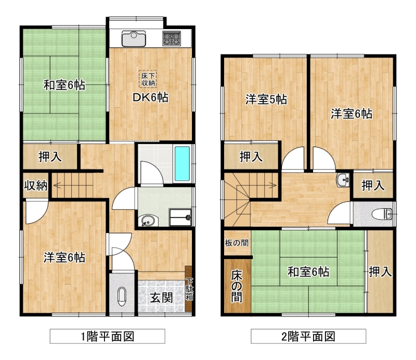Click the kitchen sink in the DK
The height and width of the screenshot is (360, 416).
tap(134, 39)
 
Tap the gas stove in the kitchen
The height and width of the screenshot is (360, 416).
tap(172, 39)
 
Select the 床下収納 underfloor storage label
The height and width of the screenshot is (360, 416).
tap(148, 79)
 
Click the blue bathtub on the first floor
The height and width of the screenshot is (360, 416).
tap(183, 163)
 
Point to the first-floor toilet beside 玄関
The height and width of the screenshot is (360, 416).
tap(122, 297)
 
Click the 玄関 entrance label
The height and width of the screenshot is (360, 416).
tap(162, 298)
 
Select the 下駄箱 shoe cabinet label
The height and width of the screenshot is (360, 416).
tap(189, 289)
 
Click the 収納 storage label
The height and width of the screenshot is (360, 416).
tap(36, 185)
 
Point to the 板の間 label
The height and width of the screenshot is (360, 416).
tap(237, 242)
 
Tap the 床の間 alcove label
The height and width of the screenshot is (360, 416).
tap(237, 286)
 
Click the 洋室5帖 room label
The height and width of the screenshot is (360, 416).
tap(266, 99)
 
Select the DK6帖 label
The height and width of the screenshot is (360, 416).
tap(150, 98)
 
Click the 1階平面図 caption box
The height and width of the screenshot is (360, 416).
tap(108, 337)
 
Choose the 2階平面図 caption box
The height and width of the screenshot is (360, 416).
tap(308, 337)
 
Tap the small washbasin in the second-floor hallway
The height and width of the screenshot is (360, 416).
tap(343, 181)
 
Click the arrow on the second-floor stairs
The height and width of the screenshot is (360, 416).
tap(256, 185)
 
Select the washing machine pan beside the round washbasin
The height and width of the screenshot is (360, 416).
tap(180, 217)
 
